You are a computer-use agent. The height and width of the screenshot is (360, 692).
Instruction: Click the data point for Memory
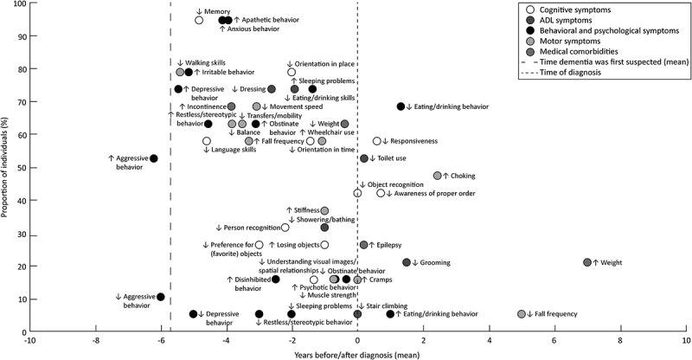(x=199, y=20)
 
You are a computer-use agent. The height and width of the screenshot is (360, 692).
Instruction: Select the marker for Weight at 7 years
(x=587, y=262)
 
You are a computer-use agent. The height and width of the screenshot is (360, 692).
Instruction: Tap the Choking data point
(x=438, y=176)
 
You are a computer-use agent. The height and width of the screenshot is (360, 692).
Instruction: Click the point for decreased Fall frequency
(x=522, y=314)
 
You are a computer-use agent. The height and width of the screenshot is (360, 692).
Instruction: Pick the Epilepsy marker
(x=363, y=245)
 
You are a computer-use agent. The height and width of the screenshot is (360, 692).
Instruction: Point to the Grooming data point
(x=407, y=262)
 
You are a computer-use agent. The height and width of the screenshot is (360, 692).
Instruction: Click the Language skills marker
(x=207, y=141)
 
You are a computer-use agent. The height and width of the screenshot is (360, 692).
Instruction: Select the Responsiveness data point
(x=376, y=141)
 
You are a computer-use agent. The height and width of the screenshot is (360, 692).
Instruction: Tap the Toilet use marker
(x=363, y=158)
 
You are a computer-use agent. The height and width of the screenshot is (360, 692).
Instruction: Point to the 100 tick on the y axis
(x=18, y=4)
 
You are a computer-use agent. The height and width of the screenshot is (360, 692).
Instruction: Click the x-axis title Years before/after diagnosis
(x=356, y=354)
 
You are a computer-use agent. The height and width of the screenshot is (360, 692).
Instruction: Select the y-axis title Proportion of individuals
(x=7, y=167)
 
